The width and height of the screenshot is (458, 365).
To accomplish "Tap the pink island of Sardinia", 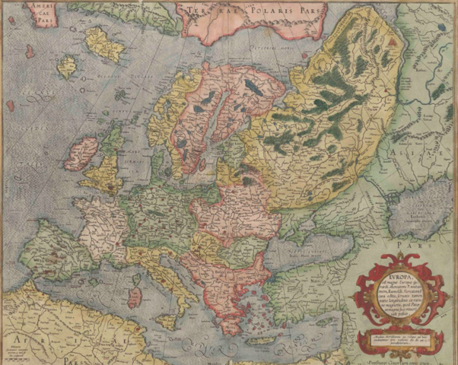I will tap(135, 296).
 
